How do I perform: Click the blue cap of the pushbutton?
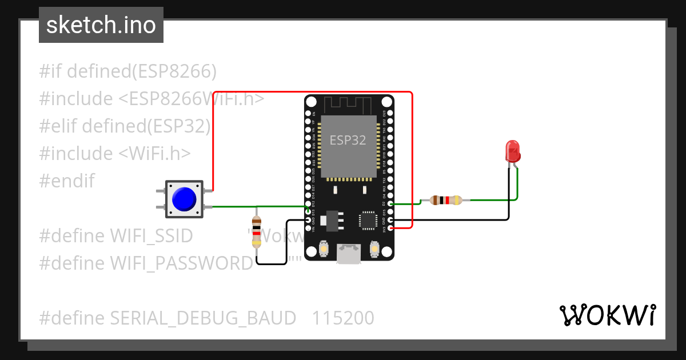tap(184, 199)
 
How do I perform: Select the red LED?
tap(513, 152)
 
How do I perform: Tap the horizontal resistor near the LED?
tap(445, 200)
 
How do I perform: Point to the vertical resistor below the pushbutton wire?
tap(257, 232)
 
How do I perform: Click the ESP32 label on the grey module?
tap(348, 141)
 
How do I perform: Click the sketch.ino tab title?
tap(101, 25)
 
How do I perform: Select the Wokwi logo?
tap(607, 315)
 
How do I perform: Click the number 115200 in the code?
tap(343, 318)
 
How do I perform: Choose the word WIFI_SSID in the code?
tap(151, 235)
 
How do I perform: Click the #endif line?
tap(67, 181)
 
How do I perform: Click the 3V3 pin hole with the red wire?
tap(390, 228)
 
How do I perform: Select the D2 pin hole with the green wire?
tap(390, 203)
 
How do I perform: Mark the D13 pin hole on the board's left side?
tap(309, 211)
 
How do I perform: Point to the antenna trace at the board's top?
tap(348, 105)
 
